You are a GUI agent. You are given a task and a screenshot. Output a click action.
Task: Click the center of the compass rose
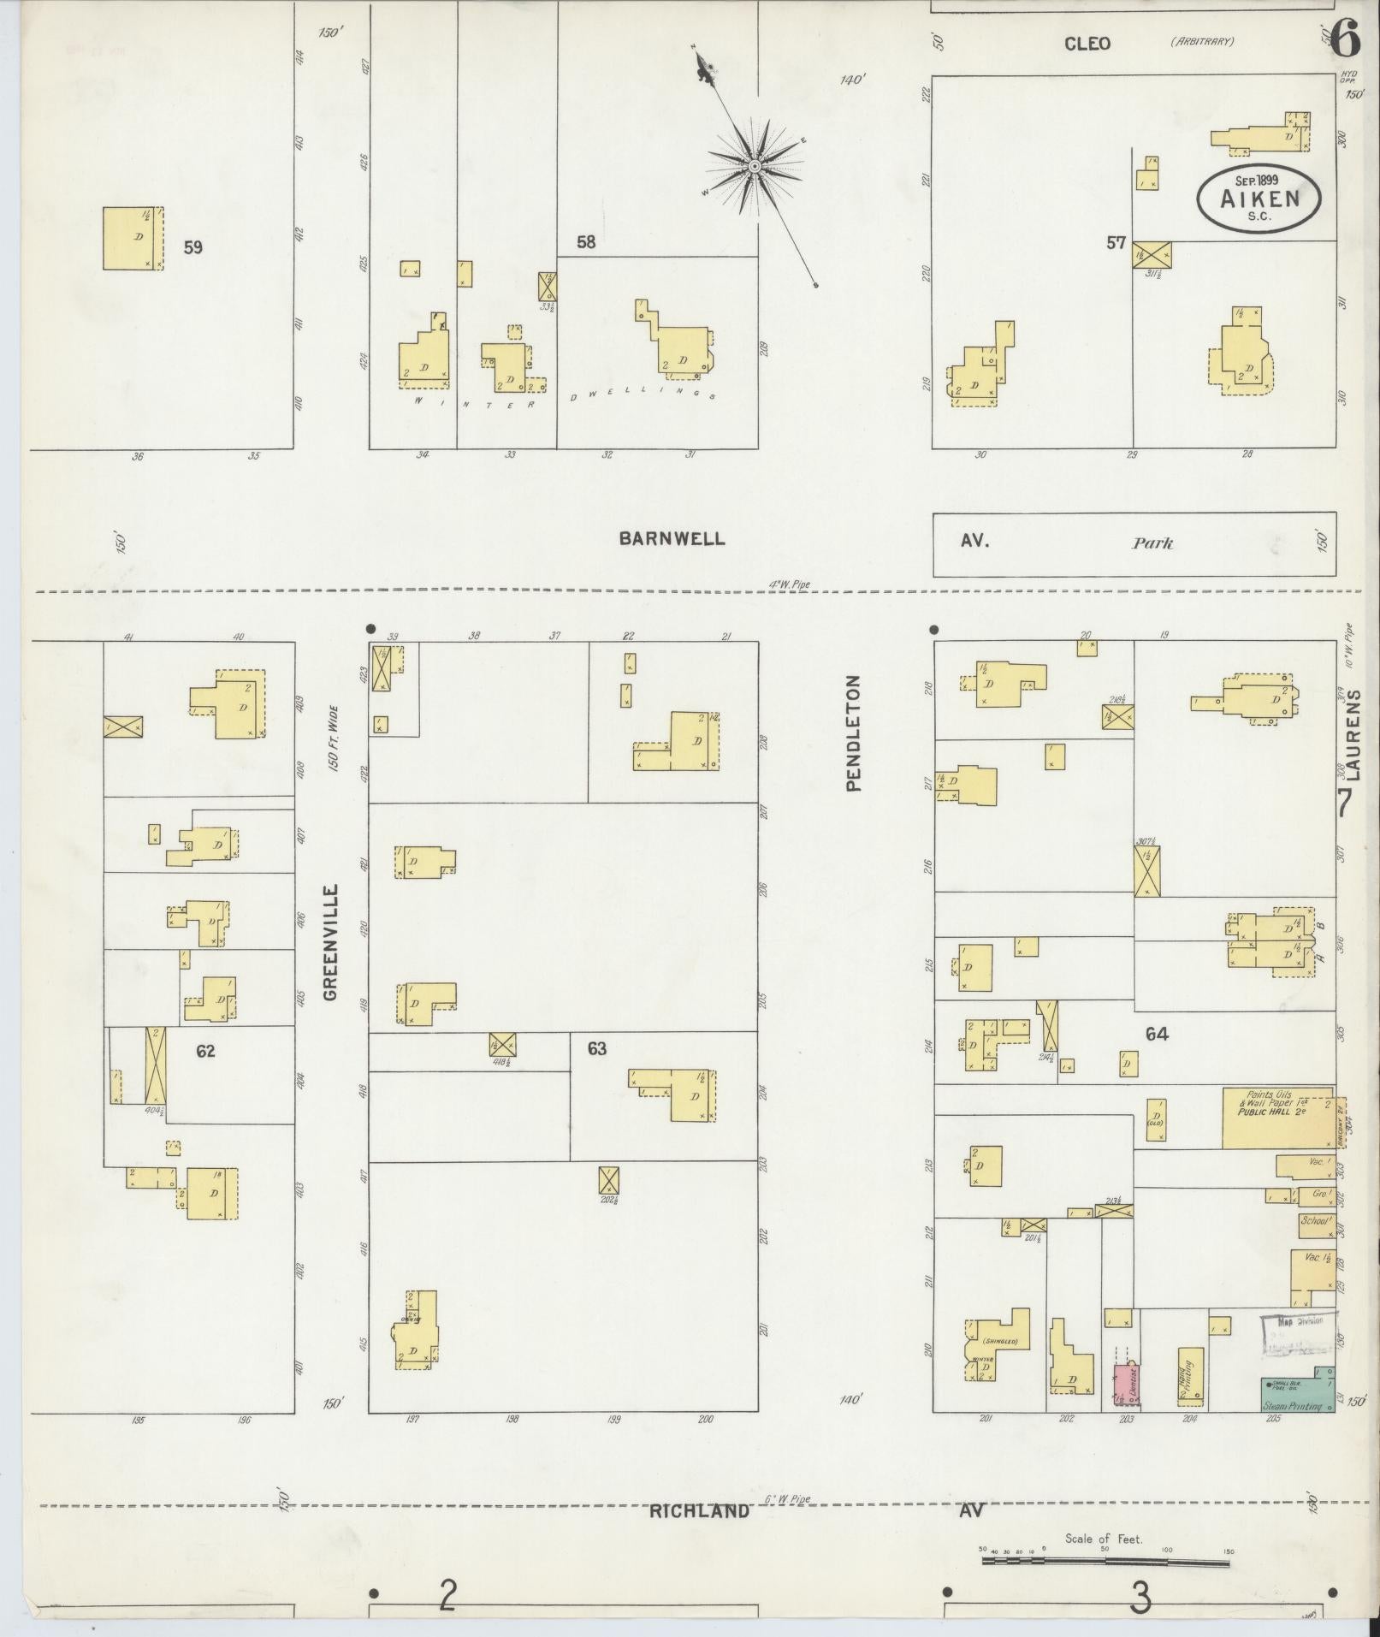point(755,165)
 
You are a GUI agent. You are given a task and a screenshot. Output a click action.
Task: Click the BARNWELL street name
point(672,538)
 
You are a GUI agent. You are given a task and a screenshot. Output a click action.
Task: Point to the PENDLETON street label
point(853,733)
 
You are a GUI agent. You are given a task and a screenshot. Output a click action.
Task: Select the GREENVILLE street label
point(332,942)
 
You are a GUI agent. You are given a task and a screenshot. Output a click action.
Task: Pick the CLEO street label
point(1087,43)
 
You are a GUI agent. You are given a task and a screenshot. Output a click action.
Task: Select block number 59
point(192,247)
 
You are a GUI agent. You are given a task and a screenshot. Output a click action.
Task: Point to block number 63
point(596,1048)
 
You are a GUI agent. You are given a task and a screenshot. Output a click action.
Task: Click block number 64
point(1157,1034)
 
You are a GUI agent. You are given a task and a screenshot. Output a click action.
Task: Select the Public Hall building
point(1276,1118)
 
